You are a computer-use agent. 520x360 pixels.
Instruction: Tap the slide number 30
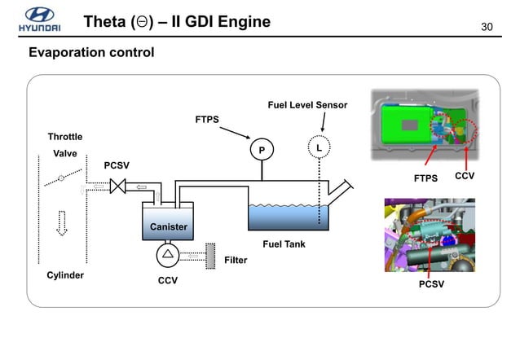point(488,29)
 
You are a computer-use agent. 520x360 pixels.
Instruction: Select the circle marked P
point(262,151)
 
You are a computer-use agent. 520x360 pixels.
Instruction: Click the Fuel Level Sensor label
point(307,106)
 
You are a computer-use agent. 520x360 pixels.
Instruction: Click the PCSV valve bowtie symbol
point(118,187)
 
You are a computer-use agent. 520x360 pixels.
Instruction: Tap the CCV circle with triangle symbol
point(167,255)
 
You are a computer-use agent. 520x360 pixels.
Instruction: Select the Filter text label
point(236,261)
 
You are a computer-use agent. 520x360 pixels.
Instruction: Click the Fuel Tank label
point(284,244)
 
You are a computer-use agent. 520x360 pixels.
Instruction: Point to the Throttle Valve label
point(64,144)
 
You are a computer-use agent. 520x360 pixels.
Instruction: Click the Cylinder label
point(65,275)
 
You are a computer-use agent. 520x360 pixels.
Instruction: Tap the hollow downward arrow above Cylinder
point(61,222)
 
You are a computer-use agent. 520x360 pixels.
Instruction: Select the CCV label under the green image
point(465,176)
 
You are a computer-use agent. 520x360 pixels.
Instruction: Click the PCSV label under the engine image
point(431,284)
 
